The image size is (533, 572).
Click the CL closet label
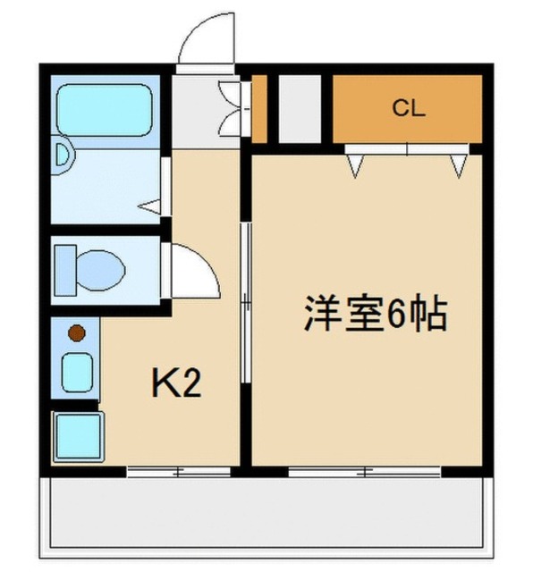click(407, 109)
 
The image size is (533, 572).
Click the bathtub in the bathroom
click(104, 109)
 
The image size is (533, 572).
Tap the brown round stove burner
click(77, 334)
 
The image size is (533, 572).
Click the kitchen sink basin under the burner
click(77, 372)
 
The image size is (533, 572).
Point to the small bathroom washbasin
click(62, 155)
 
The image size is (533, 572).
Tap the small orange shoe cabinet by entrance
click(259, 109)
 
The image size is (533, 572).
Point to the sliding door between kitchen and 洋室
click(245, 304)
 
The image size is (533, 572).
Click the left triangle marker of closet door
click(357, 164)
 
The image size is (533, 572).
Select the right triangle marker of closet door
click(459, 164)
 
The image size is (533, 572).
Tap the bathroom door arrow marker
click(151, 206)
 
